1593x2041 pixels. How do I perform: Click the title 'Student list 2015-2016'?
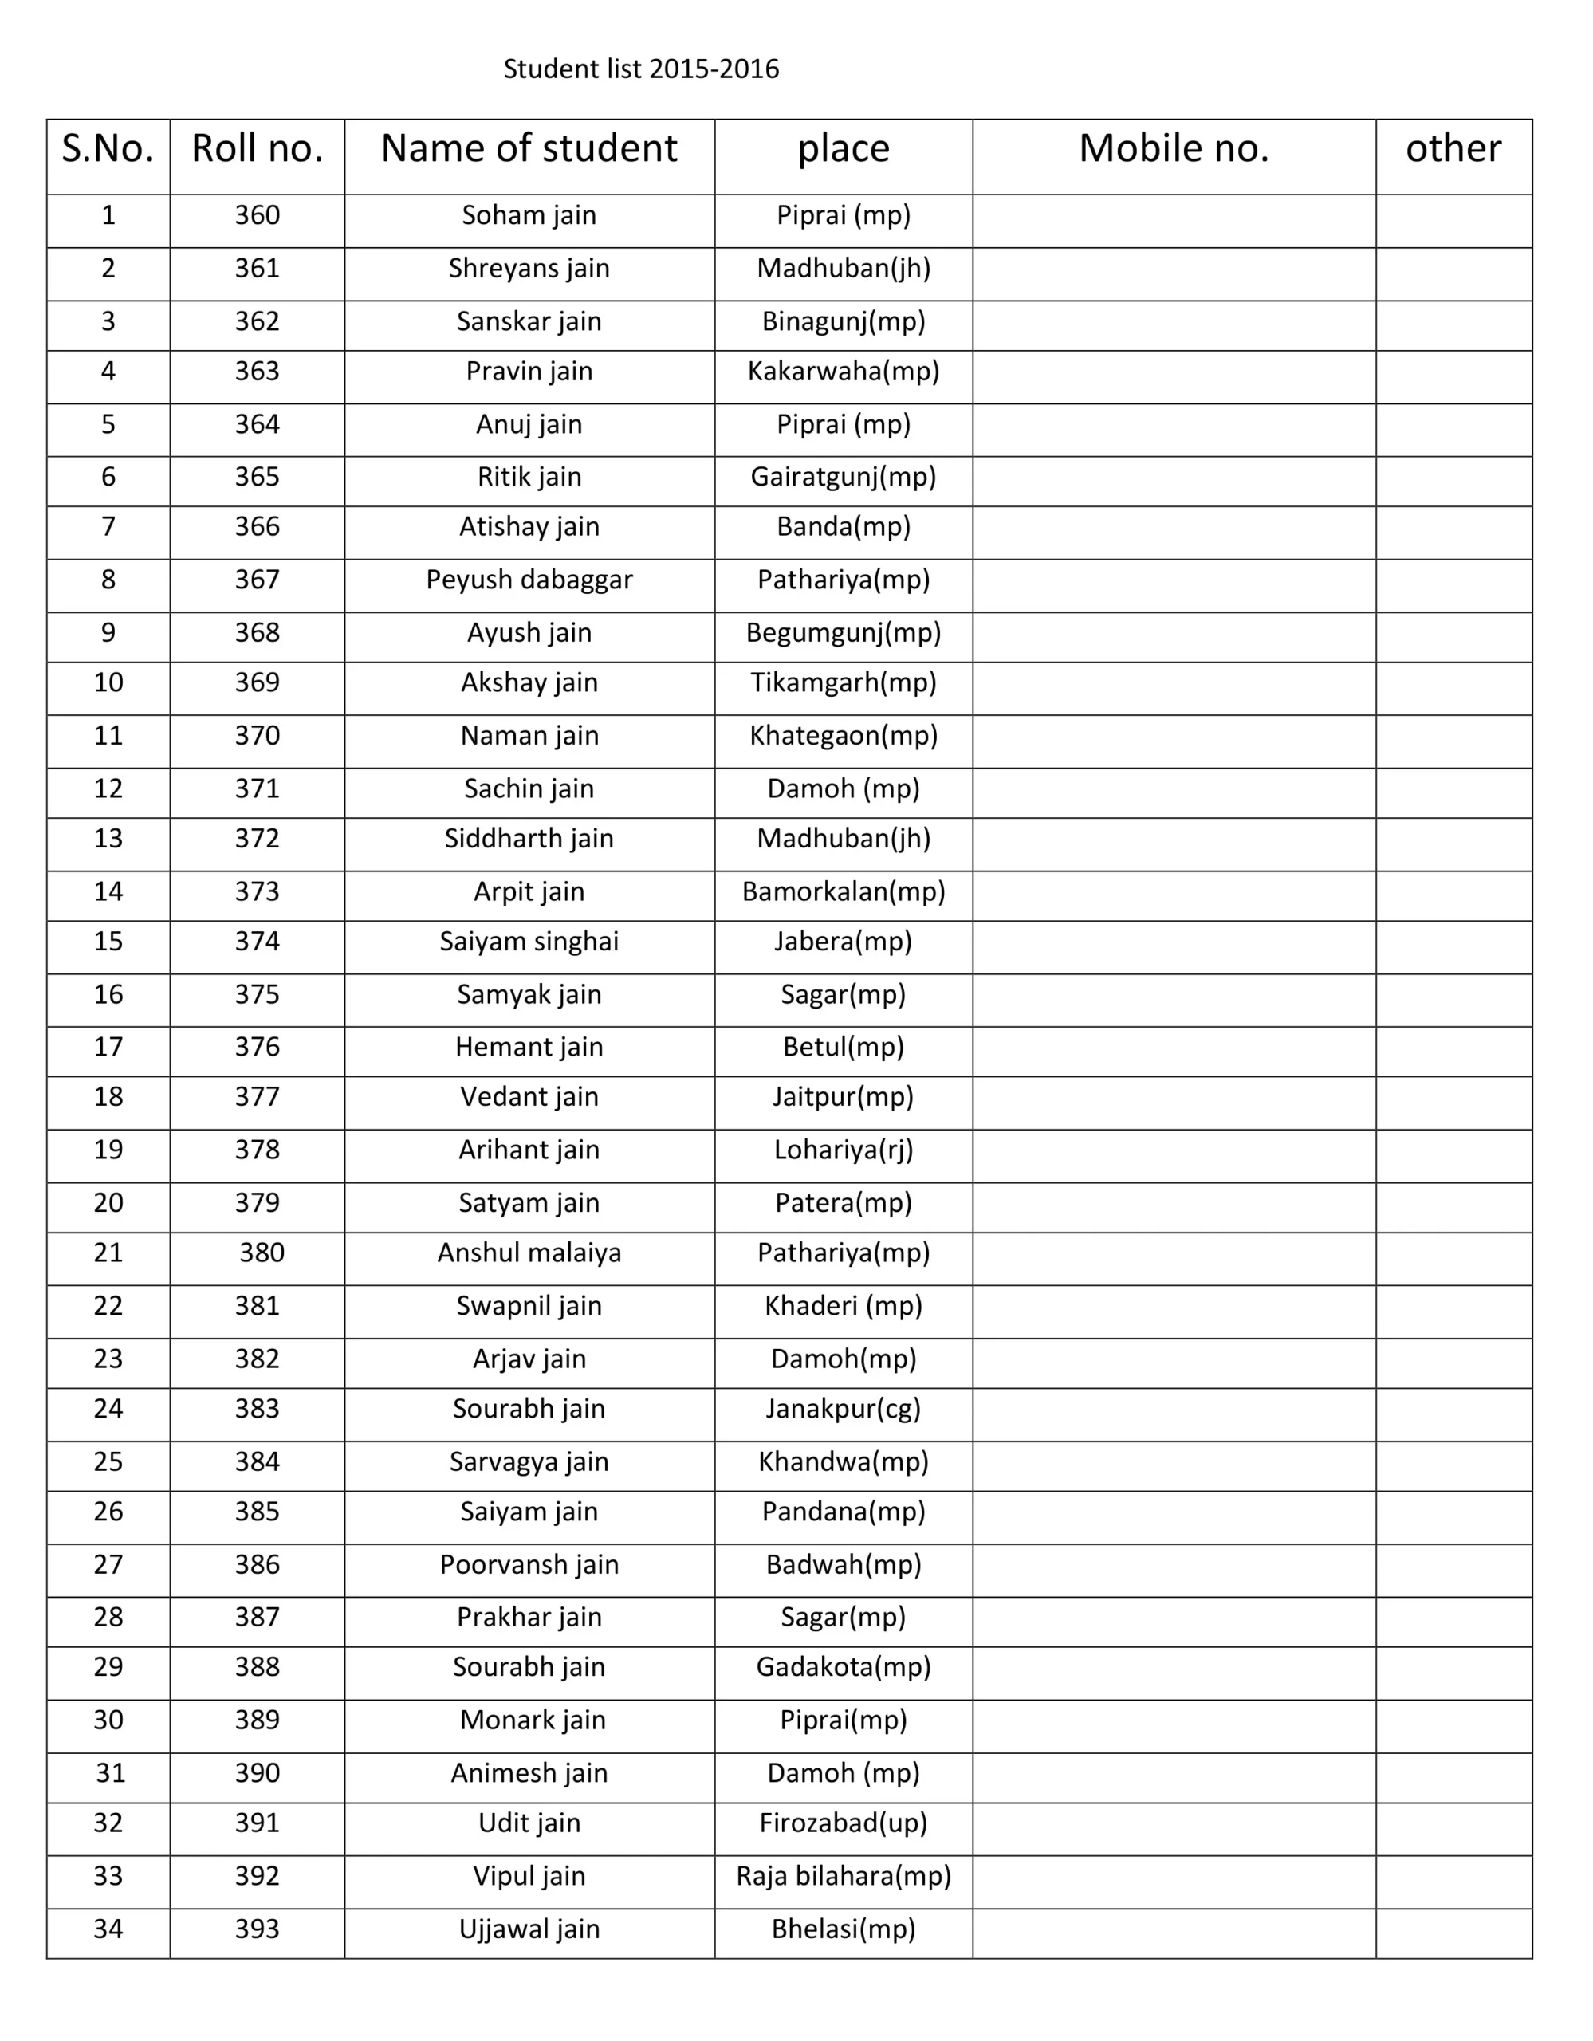coord(641,69)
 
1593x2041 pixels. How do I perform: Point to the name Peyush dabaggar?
coord(529,580)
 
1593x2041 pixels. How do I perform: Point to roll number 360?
coord(257,215)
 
